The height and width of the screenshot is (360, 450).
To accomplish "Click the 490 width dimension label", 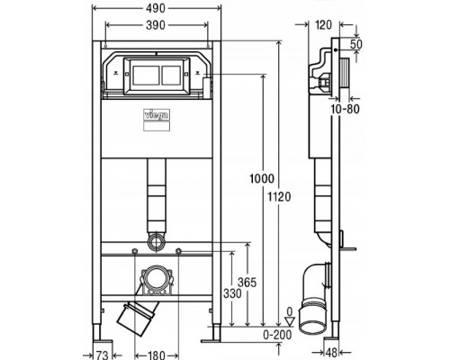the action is tap(156, 8).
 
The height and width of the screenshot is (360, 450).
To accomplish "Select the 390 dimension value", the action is tap(156, 25).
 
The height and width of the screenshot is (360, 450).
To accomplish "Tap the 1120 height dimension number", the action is tap(279, 197).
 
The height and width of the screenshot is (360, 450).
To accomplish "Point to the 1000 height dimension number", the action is tap(262, 179).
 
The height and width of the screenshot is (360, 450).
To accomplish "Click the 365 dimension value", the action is tap(247, 283).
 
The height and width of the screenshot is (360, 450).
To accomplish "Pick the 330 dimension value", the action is tap(232, 293).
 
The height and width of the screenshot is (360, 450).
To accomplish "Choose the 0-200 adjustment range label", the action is tap(277, 335).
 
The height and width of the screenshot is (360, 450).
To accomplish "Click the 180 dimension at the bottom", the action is tap(157, 355).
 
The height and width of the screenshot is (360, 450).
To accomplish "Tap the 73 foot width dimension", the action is tap(102, 355).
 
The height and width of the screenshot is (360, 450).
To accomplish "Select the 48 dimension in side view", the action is tap(333, 352).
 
